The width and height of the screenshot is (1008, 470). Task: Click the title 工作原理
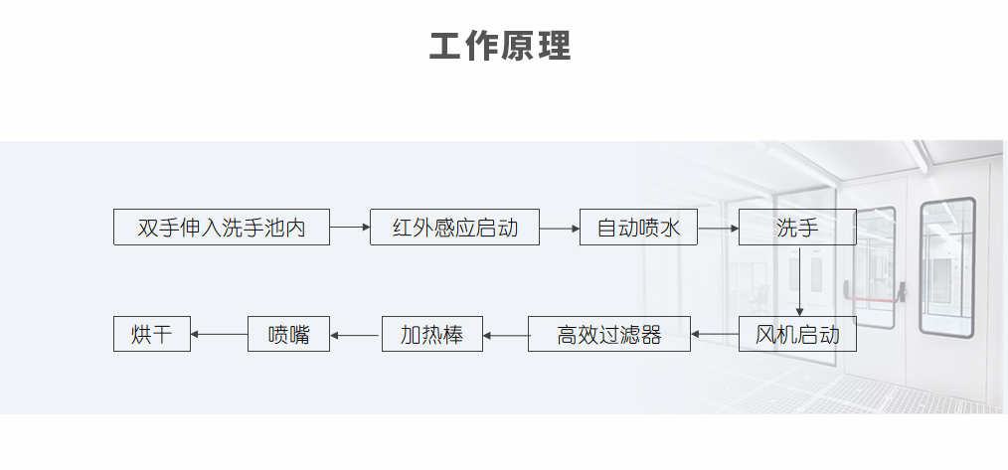[500, 47]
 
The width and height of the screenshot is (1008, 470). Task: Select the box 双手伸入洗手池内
[221, 228]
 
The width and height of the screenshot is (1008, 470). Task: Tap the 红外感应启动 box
[454, 228]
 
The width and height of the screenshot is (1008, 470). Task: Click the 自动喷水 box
[638, 228]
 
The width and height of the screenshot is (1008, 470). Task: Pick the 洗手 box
[797, 228]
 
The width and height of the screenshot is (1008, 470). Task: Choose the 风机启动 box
[797, 334]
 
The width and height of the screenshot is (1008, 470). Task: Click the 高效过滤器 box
[609, 334]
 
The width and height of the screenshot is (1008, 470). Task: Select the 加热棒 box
[431, 334]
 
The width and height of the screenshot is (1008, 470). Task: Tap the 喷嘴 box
[288, 334]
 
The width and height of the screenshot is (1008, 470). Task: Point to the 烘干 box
[151, 334]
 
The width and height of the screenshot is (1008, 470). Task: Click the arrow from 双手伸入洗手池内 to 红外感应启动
[349, 228]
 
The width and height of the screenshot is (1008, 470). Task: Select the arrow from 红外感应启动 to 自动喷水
[560, 228]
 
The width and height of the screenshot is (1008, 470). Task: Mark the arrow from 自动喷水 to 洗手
[718, 228]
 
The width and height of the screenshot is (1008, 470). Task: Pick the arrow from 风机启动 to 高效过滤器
[715, 334]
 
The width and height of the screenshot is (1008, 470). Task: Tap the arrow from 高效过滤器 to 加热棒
[505, 335]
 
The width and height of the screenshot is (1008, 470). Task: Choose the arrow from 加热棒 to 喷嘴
[355, 335]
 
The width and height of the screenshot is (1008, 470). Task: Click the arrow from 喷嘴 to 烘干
[218, 334]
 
